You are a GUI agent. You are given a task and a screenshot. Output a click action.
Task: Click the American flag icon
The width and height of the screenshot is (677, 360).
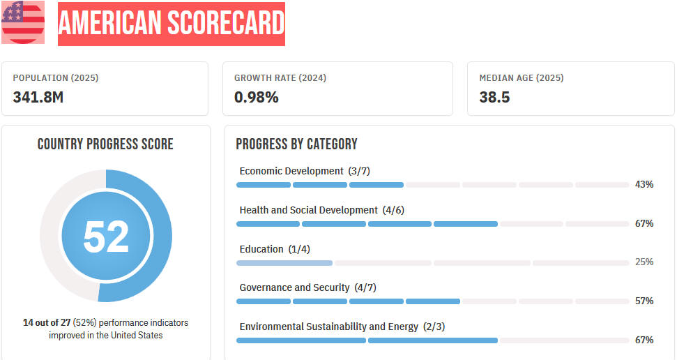(x=23, y=22)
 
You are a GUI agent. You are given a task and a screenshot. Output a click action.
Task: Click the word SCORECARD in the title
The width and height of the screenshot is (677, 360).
(x=226, y=23)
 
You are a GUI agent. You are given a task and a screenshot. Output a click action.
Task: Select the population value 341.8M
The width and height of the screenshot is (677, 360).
(x=38, y=97)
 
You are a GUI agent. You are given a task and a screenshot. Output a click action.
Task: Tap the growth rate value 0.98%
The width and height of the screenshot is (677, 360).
(x=256, y=97)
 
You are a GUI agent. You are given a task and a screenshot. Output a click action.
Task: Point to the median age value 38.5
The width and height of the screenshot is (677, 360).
(x=494, y=97)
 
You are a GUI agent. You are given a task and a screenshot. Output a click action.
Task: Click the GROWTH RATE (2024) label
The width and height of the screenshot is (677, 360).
(x=280, y=78)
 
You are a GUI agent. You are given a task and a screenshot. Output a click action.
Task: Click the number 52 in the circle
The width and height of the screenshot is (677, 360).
(x=106, y=237)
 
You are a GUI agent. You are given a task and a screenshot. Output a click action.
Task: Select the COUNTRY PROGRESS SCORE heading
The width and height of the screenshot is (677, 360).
(x=105, y=144)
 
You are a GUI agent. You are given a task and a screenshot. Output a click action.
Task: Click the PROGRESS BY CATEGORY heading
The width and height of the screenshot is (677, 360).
(x=296, y=144)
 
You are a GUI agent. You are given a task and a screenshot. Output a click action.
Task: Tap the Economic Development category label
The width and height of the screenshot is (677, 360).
(x=291, y=171)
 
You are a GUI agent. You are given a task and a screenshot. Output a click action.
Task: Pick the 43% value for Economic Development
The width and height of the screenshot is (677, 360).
(x=644, y=185)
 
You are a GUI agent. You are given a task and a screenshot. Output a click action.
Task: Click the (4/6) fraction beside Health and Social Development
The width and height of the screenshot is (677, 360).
(x=393, y=210)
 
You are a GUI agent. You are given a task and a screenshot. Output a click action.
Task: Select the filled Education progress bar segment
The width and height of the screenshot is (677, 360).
(x=284, y=263)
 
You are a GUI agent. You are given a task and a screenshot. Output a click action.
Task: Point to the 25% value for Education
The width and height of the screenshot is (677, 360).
(x=644, y=262)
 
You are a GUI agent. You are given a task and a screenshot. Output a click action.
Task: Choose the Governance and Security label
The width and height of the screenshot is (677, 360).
(x=294, y=287)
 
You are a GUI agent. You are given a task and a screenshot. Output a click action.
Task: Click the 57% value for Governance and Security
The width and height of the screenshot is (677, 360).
(x=644, y=301)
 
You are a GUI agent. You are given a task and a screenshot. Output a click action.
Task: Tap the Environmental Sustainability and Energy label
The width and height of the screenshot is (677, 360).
(x=329, y=327)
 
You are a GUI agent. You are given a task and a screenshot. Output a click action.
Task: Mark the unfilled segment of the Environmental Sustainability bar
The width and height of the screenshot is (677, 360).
(x=564, y=340)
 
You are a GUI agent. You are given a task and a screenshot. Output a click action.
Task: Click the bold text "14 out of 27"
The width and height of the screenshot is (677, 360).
(x=47, y=322)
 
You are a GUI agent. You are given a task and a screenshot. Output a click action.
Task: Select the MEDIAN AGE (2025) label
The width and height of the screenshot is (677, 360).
(x=522, y=78)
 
